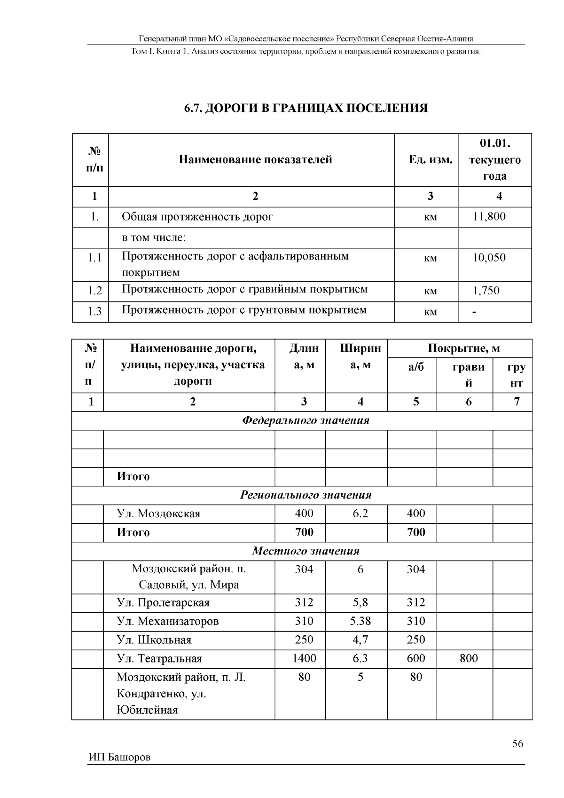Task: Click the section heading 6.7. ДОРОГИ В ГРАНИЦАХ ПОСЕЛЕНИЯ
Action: (x=305, y=108)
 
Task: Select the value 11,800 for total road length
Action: (x=489, y=217)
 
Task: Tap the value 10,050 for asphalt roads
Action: (x=489, y=258)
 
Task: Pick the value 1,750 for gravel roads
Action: (x=486, y=291)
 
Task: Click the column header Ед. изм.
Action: (x=431, y=160)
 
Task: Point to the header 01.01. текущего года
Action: (x=494, y=159)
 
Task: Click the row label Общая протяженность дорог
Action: (x=197, y=217)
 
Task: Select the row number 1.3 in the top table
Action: (x=94, y=311)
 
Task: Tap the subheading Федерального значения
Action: (x=305, y=420)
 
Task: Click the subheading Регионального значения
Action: (x=305, y=495)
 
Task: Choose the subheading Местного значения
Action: (x=305, y=551)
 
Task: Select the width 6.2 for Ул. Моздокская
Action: (x=360, y=514)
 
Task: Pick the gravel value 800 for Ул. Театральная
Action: (x=469, y=658)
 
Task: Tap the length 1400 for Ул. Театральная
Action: (x=304, y=658)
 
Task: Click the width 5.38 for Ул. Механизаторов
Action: (x=360, y=621)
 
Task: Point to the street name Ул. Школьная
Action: (x=154, y=640)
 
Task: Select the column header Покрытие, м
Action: (x=463, y=348)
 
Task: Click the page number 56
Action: (x=517, y=743)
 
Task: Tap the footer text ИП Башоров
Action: (x=119, y=758)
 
